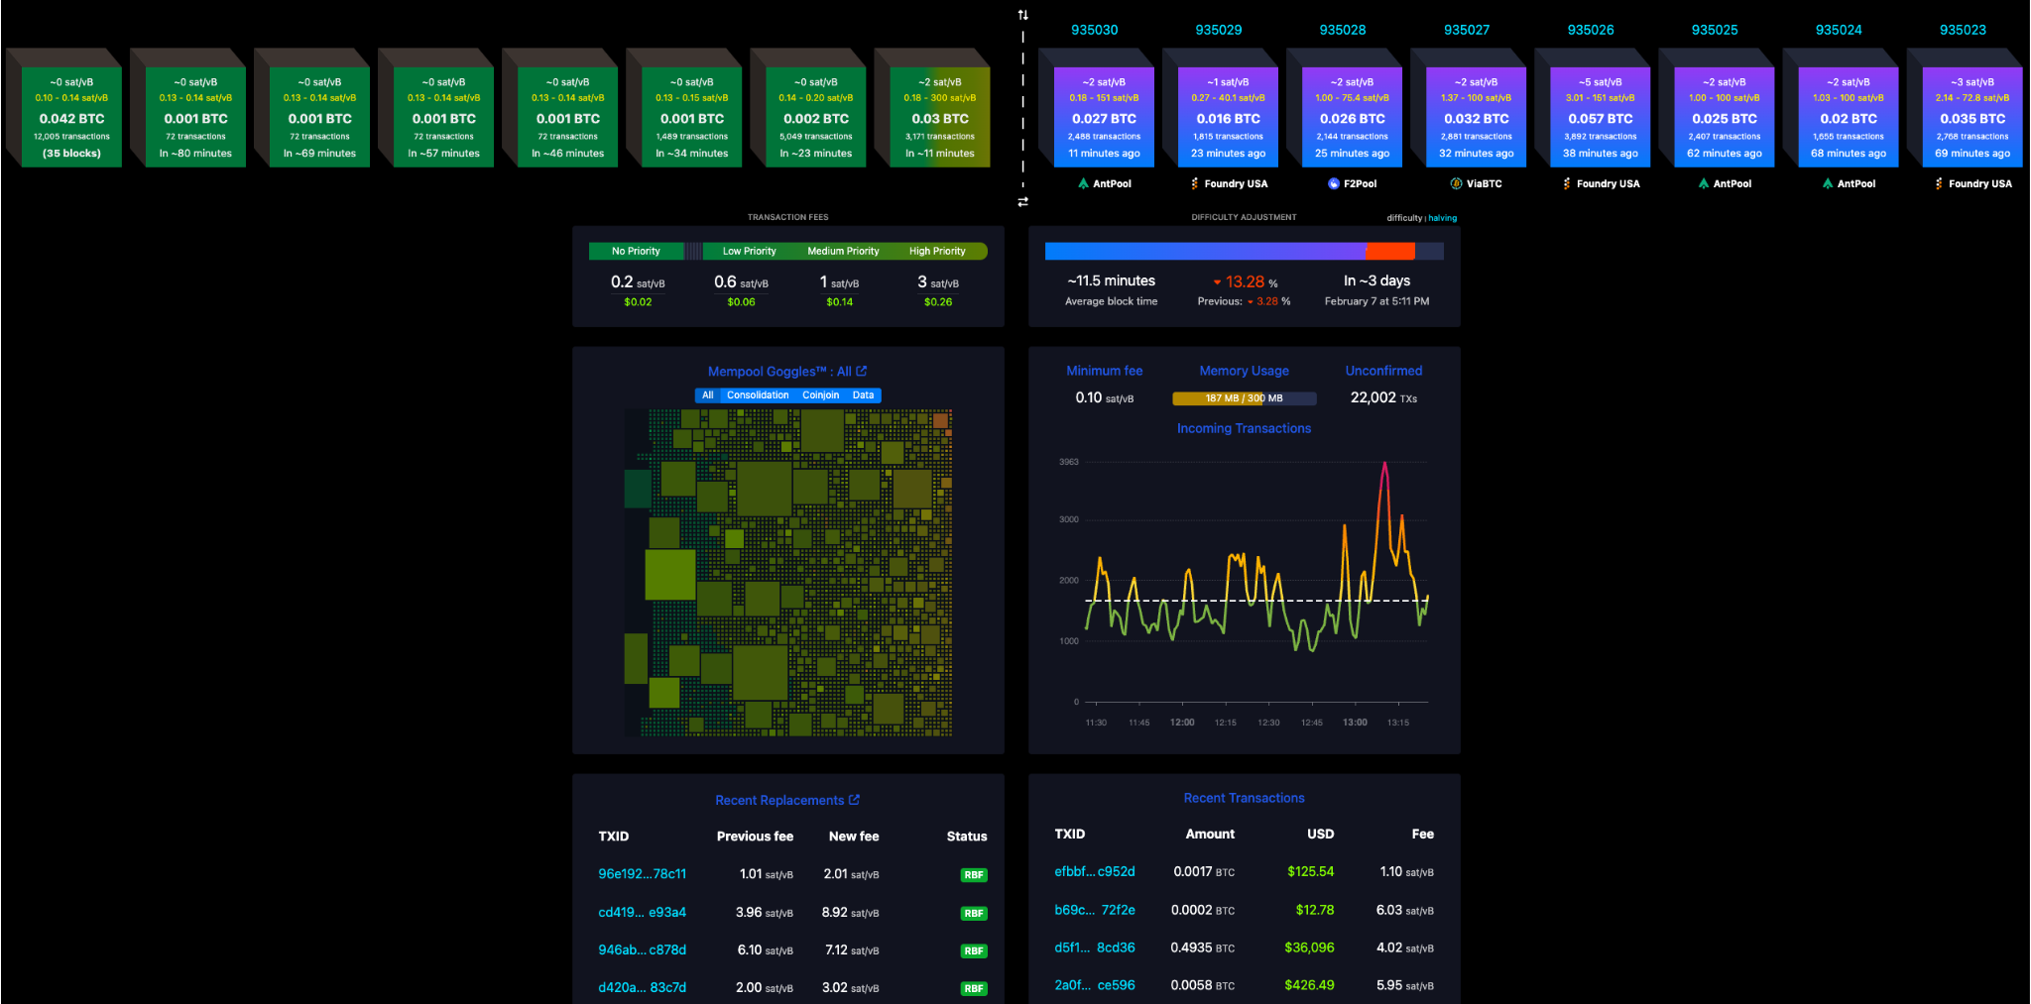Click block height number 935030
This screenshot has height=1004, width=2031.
(x=1094, y=30)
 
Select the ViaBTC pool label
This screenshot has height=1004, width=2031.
(x=1484, y=183)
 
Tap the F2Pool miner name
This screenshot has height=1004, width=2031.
(x=1360, y=183)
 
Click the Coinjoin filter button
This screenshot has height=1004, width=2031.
(x=820, y=395)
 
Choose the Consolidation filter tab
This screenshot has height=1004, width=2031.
(x=758, y=395)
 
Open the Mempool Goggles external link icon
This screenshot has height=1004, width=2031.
(x=862, y=371)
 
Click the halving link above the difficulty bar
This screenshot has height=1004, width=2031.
(x=1443, y=218)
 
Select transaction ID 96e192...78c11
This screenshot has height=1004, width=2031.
(x=642, y=874)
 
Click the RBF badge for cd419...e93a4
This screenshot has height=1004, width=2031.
(x=974, y=913)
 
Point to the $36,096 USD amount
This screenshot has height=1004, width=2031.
(x=1309, y=948)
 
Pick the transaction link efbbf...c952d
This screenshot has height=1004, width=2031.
(x=1094, y=871)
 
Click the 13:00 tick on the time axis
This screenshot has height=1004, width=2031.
(x=1355, y=723)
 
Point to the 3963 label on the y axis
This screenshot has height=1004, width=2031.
(x=1069, y=462)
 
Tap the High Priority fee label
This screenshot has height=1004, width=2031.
(x=937, y=252)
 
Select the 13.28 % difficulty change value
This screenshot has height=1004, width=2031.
(x=1246, y=282)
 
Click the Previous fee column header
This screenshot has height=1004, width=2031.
(x=755, y=837)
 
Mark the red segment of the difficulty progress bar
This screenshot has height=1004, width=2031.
(x=1389, y=252)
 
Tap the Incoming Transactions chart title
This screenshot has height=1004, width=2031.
(x=1244, y=428)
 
